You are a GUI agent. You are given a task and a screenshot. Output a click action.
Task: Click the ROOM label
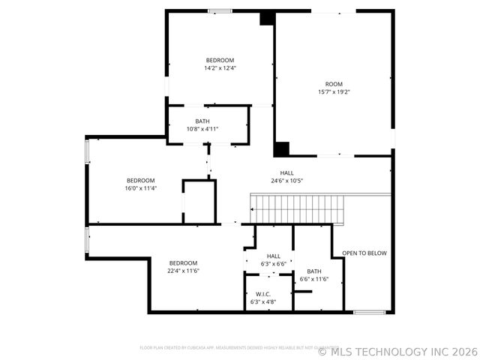click(x=333, y=84)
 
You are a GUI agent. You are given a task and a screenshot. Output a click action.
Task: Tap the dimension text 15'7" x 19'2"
click(x=333, y=92)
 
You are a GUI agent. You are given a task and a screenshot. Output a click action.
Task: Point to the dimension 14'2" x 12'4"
click(x=220, y=68)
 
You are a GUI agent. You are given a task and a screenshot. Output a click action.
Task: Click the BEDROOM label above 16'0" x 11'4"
click(x=140, y=180)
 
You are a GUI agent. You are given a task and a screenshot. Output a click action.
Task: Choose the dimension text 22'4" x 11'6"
click(x=183, y=271)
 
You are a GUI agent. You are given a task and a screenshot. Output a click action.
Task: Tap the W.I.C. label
click(x=263, y=294)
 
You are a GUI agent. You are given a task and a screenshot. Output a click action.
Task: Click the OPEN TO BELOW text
click(x=364, y=253)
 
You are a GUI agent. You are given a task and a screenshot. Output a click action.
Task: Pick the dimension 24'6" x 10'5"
click(x=286, y=181)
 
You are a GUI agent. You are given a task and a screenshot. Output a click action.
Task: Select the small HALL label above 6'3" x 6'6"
click(x=274, y=256)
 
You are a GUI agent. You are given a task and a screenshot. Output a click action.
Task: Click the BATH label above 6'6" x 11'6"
click(x=313, y=271)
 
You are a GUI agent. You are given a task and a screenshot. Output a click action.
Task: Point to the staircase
click(x=298, y=208)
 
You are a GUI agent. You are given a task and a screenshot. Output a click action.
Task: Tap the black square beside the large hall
click(x=282, y=148)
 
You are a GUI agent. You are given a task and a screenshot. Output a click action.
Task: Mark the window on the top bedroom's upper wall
click(x=220, y=10)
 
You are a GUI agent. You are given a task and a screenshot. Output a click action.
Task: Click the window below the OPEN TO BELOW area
click(x=369, y=311)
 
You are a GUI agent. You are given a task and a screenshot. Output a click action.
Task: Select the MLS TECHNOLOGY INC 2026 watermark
click(x=397, y=351)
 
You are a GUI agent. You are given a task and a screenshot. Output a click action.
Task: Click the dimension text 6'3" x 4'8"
click(x=263, y=301)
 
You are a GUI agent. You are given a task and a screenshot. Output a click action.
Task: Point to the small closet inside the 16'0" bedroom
click(x=199, y=201)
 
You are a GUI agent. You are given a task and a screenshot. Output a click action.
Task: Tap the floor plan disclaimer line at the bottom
click(x=238, y=347)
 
